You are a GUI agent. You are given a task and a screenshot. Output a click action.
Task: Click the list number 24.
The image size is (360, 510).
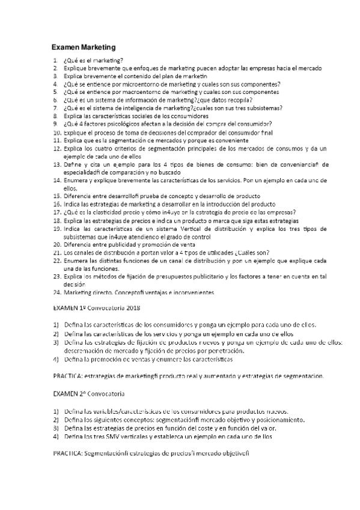click(57, 292)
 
